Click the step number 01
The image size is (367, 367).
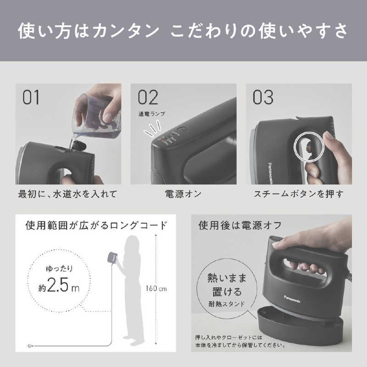31,97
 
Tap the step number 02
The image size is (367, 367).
148,97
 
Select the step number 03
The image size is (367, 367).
263,97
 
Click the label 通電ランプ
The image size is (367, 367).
152,114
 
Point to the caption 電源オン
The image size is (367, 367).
183,194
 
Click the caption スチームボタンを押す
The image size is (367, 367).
299,194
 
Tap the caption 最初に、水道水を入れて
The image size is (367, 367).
67,194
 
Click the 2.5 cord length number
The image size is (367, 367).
58,285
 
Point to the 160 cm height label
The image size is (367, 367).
156,289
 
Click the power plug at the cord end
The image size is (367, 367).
30,345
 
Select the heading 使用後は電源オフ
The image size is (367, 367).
240,225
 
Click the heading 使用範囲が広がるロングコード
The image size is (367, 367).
96,225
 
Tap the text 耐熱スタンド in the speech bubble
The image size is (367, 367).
227,304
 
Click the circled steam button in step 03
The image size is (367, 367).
309,147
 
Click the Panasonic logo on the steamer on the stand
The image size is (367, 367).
292,299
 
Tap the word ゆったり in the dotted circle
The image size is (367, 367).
59,268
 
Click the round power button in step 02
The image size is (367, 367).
182,130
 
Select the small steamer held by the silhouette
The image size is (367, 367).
112,257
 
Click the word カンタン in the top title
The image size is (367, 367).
126,31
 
